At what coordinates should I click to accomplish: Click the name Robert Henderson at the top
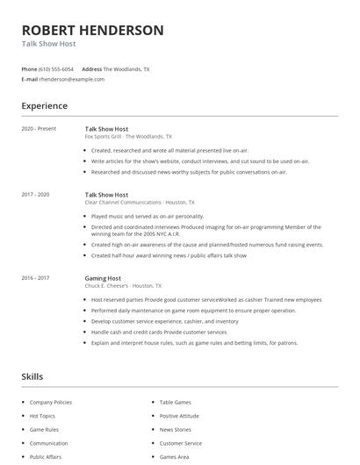coord(92,30)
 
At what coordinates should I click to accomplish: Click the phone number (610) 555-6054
coord(56,68)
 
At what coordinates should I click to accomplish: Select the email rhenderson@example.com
coord(72,79)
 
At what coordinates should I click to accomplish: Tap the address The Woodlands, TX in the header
coord(126,68)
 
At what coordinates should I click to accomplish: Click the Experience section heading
coord(45,106)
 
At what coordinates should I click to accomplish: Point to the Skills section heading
coord(32,376)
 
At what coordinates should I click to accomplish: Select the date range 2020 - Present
coord(39,129)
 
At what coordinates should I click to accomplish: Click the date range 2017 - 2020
coord(35,195)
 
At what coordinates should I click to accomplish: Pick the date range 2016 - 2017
coord(35,278)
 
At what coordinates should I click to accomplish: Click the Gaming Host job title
coord(104,278)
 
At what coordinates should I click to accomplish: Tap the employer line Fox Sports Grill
coord(128,137)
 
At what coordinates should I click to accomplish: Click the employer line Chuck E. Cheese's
coord(124,286)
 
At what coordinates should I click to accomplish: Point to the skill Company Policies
coord(51,403)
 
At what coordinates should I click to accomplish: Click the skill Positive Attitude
coord(179,416)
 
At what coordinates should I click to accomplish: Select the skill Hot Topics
coord(42,416)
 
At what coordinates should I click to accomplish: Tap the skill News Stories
coord(176,430)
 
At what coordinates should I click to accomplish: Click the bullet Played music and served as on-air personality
coord(148,216)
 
